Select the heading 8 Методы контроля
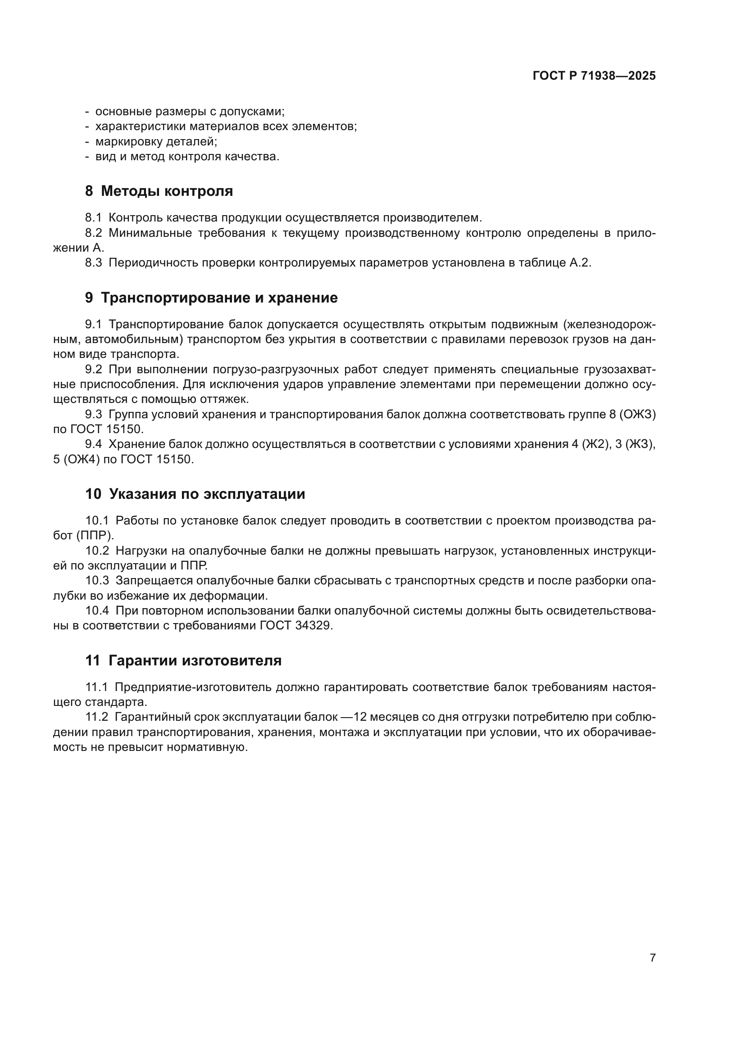click(159, 191)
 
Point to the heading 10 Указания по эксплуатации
click(195, 494)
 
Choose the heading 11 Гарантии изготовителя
click(183, 661)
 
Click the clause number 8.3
click(93, 263)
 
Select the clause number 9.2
click(93, 370)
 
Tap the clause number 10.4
click(97, 611)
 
